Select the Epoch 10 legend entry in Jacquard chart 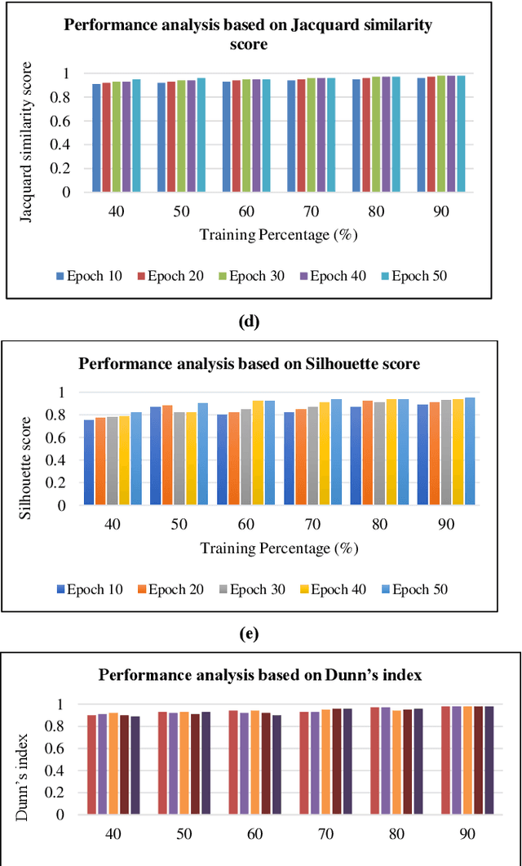coord(89,275)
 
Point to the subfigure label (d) coord(249,321)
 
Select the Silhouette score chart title coord(249,364)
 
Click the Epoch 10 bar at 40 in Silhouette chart coord(88,462)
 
